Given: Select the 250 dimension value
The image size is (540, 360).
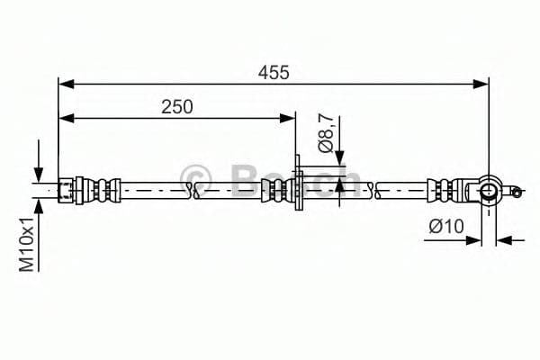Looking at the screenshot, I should tap(177, 106).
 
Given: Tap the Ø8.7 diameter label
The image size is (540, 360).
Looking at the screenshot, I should tap(328, 132).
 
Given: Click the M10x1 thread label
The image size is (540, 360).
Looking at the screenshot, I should tap(27, 244).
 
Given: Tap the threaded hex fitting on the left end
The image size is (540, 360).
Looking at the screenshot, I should tap(67, 190).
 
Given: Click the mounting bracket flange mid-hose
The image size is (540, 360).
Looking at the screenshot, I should tap(297, 189).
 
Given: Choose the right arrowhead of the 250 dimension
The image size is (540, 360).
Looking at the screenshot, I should tap(290, 116).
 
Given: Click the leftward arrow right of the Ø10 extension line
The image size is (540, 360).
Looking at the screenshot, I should tap(504, 239).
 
